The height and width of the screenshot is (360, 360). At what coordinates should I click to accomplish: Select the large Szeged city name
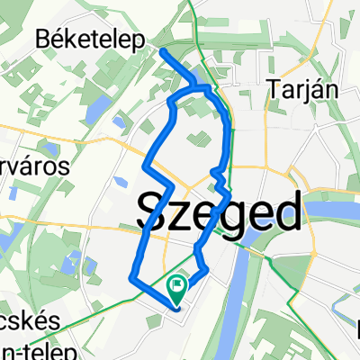[x=219, y=213]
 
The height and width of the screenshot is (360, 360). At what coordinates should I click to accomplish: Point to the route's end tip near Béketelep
[x=163, y=52]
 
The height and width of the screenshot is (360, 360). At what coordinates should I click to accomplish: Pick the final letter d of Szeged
[x=286, y=212]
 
